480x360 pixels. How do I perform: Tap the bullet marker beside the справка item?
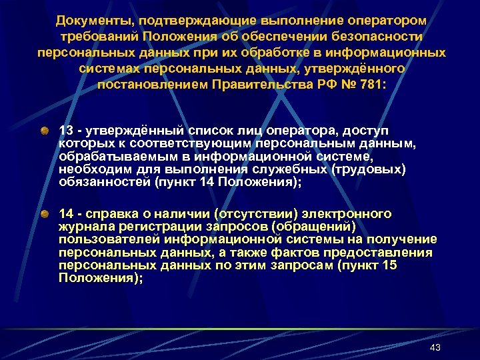click(44, 215)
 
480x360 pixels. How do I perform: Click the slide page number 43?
click(435, 347)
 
